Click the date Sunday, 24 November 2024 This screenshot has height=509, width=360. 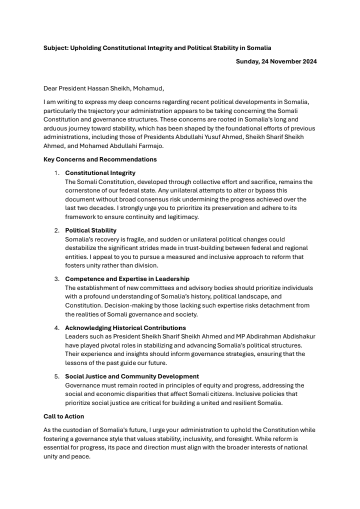click(276, 61)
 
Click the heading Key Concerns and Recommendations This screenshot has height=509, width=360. click(100, 159)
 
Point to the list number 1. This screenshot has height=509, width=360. click(56, 173)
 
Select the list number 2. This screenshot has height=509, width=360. click(56, 230)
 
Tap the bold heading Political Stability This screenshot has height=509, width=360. click(90, 230)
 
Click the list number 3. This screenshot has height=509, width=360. click(56, 279)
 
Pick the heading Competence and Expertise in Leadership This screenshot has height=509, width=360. click(127, 279)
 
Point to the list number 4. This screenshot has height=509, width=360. click(56, 327)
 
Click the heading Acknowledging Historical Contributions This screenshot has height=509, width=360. click(125, 327)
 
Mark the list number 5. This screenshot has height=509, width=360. click(56, 376)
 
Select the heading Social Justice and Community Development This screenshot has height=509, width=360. click(132, 376)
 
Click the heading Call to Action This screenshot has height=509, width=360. click(64, 416)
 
